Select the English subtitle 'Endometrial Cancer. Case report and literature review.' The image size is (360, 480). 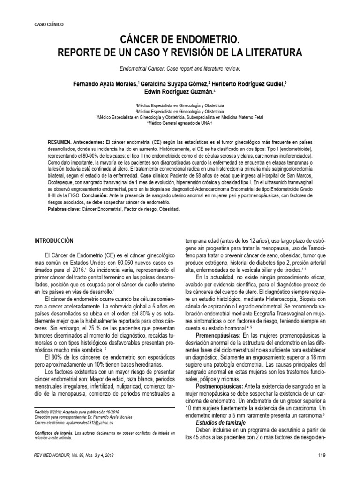coord(180,68)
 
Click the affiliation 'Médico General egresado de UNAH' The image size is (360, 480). coord(181,124)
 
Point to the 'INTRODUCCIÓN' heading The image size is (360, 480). coord(55,240)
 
